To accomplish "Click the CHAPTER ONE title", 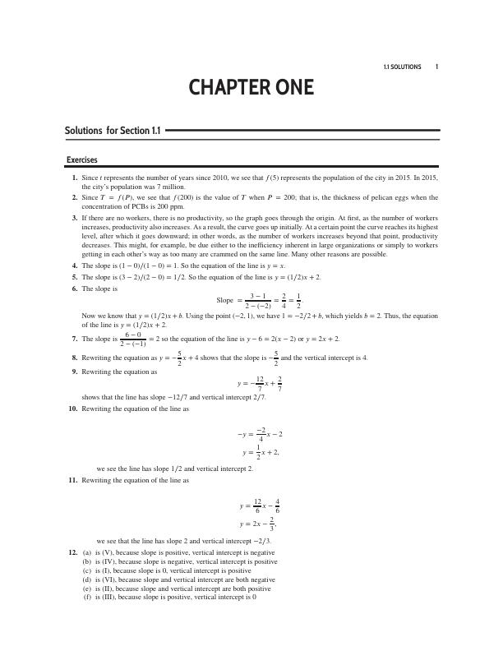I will (251, 88).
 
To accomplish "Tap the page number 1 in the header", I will (437, 67).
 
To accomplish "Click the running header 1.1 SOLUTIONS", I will (402, 67).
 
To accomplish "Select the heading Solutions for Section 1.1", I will (113, 130).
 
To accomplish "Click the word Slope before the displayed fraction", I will (225, 300).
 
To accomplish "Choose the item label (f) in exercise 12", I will (87, 597).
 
